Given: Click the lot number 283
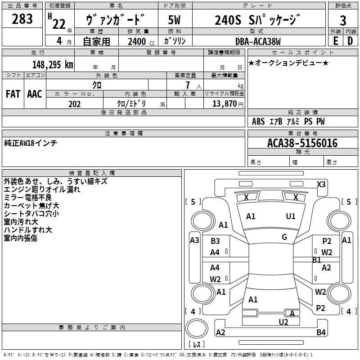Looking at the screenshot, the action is [x=22, y=18].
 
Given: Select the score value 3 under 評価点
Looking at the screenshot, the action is [x=343, y=20].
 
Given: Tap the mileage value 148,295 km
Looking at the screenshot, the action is [x=53, y=65].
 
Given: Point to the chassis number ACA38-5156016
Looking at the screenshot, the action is [x=302, y=143].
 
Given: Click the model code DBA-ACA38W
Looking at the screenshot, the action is [x=258, y=41].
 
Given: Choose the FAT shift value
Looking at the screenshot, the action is [x=13, y=94].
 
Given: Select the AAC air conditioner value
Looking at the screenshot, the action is [x=35, y=94].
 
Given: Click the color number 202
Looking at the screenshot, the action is [x=74, y=104].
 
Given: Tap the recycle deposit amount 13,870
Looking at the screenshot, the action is [x=225, y=104].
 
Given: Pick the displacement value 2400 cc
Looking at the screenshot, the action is [x=141, y=41].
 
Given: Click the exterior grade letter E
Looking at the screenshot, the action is [x=335, y=41].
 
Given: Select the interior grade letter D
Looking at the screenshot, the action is [x=350, y=41].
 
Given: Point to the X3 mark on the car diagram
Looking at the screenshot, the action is [x=321, y=184].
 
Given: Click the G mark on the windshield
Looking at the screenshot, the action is [x=284, y=237].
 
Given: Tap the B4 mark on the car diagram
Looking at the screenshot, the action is [x=321, y=332].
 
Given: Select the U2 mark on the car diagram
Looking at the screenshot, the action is [x=283, y=322].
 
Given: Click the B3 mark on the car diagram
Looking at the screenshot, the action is [x=215, y=241].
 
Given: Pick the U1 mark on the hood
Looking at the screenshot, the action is [x=290, y=216].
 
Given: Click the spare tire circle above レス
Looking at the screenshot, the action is [x=197, y=328].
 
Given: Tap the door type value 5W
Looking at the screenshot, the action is [x=174, y=20].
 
